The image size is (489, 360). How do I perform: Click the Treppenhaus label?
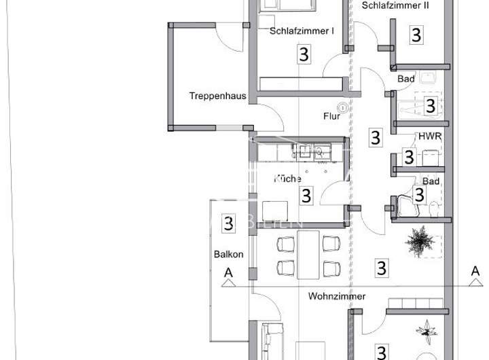coord(217,96)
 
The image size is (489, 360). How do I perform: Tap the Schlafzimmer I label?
coord(302,31)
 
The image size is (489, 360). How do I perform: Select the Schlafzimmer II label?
coord(396,5)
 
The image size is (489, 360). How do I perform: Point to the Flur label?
coord(331,116)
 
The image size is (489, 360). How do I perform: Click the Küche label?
coord(287,179)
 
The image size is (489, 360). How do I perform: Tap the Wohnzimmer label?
coord(337,296)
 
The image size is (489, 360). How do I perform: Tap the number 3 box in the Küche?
coord(306,196)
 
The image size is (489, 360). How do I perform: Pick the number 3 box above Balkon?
coord(229,222)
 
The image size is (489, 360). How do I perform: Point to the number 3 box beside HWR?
coord(409,157)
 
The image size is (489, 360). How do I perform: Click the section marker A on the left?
coord(228,273)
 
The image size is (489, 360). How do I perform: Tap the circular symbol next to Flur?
coord(343,107)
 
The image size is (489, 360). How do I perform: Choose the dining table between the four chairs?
coord(309,254)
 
